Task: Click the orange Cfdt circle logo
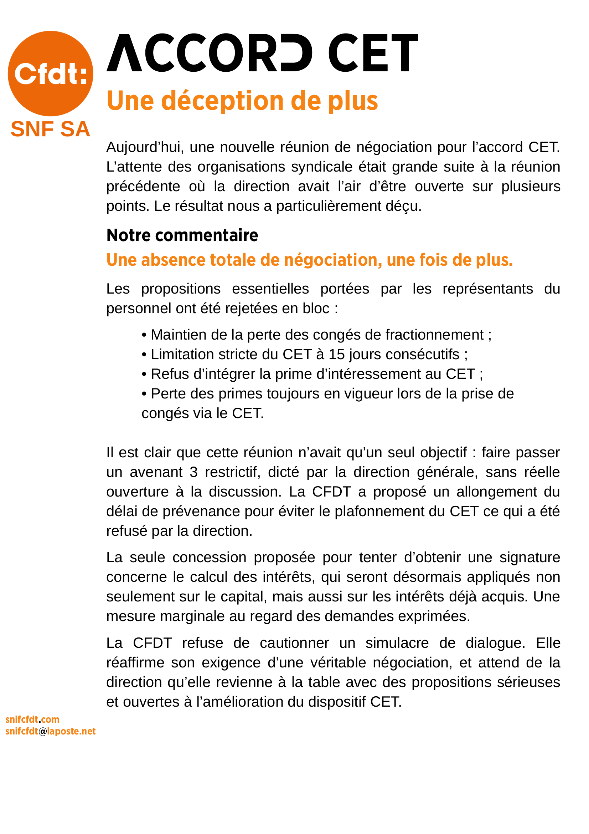[x=51, y=73]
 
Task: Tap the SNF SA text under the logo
[x=51, y=129]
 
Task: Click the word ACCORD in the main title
[x=210, y=53]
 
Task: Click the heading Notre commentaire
[x=182, y=235]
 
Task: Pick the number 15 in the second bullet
[x=336, y=355]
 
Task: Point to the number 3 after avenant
[x=193, y=472]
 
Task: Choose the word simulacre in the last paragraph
[x=397, y=643]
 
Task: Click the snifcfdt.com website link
[x=32, y=719]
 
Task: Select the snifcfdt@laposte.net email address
[x=51, y=731]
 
